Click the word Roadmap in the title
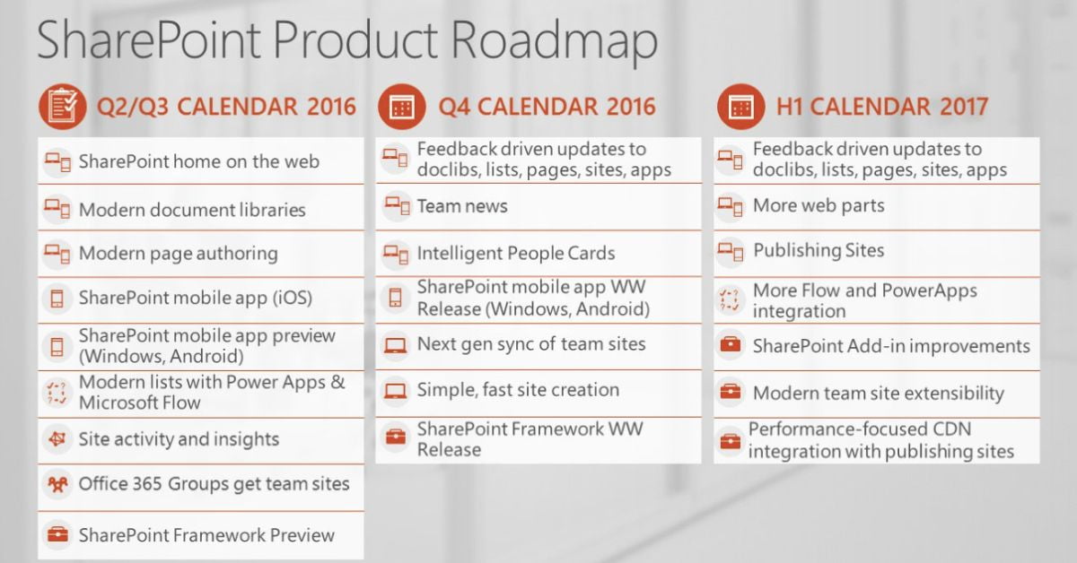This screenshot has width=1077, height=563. click(554, 41)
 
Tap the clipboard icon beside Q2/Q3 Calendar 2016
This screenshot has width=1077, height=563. click(63, 106)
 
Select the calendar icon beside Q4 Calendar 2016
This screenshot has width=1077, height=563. click(402, 106)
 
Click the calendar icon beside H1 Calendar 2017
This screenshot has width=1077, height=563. click(741, 106)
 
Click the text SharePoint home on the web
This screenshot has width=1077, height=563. click(199, 161)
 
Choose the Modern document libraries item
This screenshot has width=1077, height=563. click(192, 210)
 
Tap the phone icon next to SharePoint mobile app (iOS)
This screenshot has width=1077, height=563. click(57, 299)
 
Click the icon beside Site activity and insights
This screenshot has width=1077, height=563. click(57, 439)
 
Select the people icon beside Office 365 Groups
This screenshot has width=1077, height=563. click(57, 484)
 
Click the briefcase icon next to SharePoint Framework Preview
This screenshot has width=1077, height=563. click(57, 534)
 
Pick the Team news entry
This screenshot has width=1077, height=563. click(462, 206)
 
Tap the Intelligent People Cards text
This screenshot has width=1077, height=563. click(516, 253)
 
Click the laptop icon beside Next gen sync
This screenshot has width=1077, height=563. click(395, 345)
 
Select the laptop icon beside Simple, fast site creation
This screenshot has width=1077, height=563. click(395, 391)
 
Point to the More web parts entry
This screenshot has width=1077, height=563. click(819, 205)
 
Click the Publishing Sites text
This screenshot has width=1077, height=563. click(819, 250)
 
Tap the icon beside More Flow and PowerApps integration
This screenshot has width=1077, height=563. click(730, 299)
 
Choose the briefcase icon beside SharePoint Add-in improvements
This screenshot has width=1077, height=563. click(731, 344)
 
